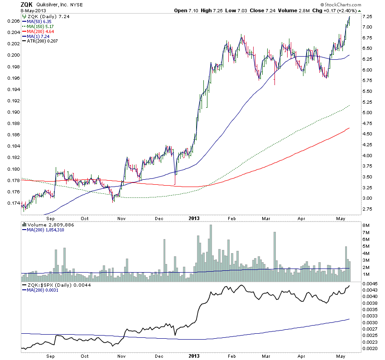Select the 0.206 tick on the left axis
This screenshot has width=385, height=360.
14,21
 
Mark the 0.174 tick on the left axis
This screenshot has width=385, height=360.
14,203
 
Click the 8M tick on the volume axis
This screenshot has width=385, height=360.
366,225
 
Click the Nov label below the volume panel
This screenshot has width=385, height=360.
122,356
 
